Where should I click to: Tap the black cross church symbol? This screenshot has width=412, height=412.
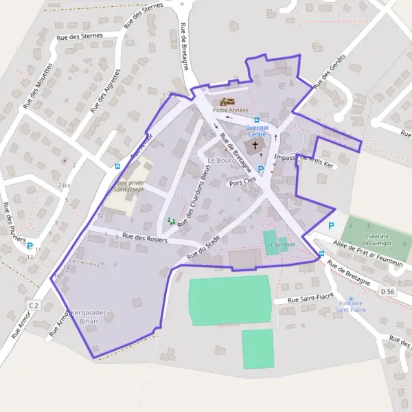pos(255,145)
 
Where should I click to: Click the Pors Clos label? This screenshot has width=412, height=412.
pos(242,184)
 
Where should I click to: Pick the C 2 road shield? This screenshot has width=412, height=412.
pos(34,304)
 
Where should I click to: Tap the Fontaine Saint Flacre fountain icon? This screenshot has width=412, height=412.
pos(351,299)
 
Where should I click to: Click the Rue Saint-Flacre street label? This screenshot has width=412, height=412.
pos(307,299)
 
